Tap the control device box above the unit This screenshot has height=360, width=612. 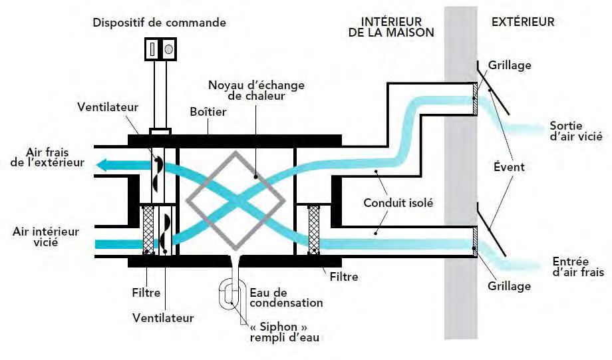tap(160, 49)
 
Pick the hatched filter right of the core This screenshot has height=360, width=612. tap(313, 230)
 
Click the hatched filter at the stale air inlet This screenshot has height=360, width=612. tap(149, 230)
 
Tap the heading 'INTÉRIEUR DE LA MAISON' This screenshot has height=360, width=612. tap(390, 27)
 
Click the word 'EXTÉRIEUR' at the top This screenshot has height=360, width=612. tap(523, 22)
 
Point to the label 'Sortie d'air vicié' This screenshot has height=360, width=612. tap(576, 131)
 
